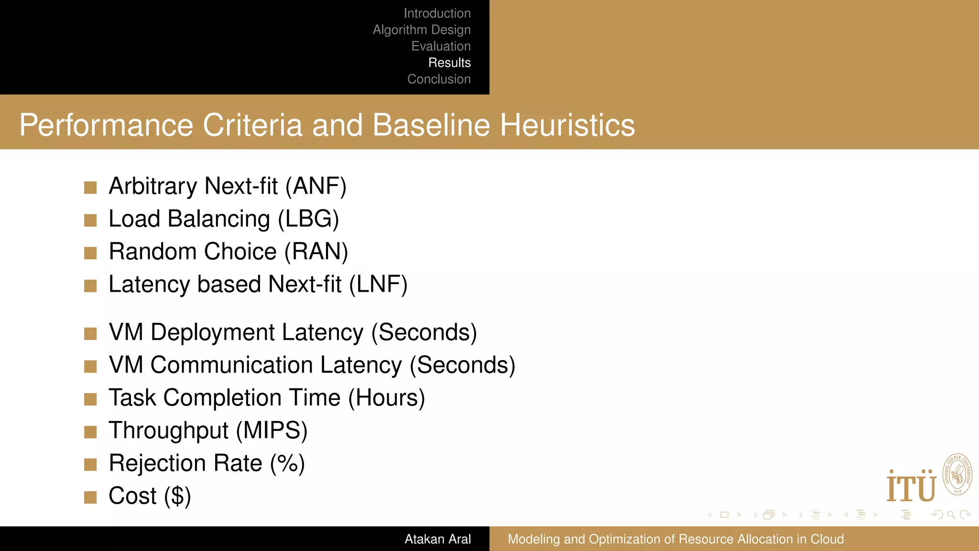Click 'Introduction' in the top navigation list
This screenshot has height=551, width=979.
click(437, 13)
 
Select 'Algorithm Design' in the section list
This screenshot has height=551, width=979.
click(422, 30)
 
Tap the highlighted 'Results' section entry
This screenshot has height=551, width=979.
click(449, 63)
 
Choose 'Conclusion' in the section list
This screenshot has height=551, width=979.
click(439, 79)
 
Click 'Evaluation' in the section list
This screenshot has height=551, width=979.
click(441, 46)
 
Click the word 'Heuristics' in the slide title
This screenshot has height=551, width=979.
click(567, 125)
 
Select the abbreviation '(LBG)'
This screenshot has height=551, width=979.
click(308, 219)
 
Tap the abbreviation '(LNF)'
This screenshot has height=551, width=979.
click(378, 285)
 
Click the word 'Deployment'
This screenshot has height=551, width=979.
click(257, 332)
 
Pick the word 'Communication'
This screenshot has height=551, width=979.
click(276, 365)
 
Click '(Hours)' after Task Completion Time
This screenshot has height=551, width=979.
click(386, 398)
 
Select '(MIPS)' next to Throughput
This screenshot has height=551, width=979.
click(272, 430)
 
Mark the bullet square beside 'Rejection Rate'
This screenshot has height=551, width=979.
click(90, 464)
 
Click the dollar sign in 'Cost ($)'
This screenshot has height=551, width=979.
click(177, 496)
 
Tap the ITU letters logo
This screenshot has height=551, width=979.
click(911, 487)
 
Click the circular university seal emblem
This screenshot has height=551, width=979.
click(957, 474)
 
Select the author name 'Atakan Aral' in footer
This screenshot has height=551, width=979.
click(437, 539)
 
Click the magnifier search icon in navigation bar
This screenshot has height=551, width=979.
click(951, 515)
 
